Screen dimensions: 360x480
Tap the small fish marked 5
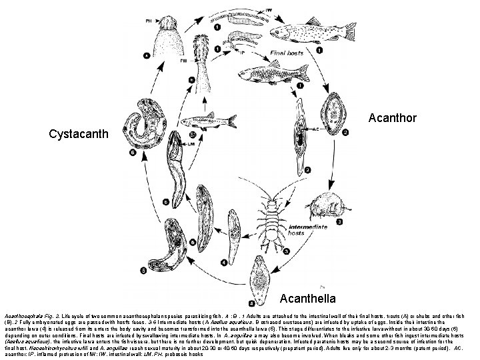click(210, 121)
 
